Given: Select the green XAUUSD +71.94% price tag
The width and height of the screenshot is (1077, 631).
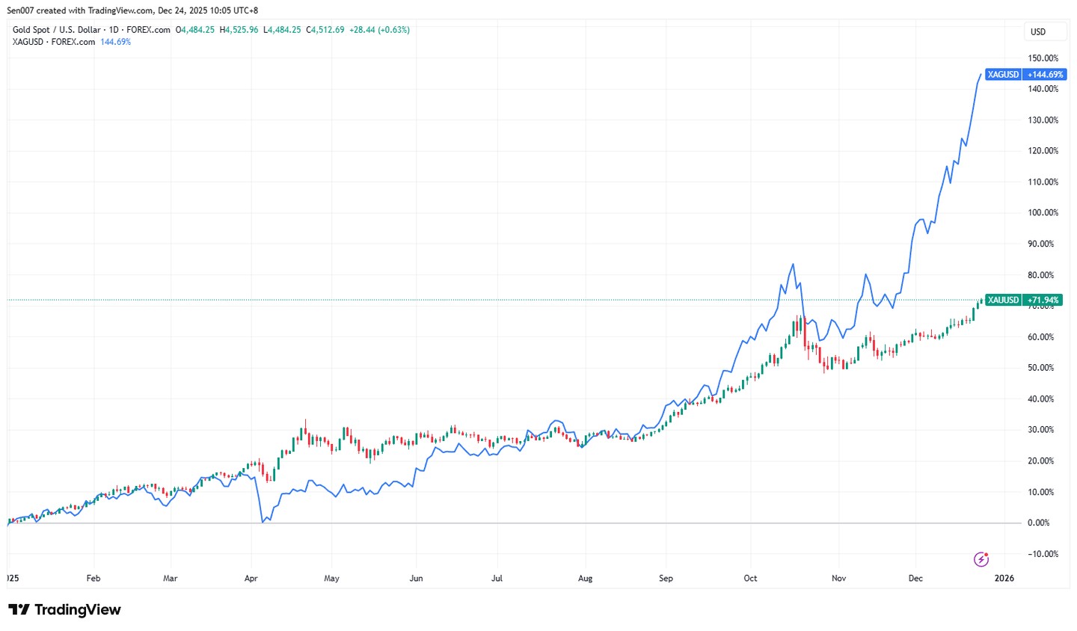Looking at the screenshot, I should click(x=1023, y=300).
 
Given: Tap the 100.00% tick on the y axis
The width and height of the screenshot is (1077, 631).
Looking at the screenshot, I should click(x=1043, y=213).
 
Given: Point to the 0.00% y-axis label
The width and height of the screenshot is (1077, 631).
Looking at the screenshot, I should click(x=1038, y=523).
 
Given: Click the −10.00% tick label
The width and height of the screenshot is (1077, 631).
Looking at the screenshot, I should click(x=1042, y=554).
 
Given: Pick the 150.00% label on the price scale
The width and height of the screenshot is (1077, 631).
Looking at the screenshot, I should click(x=1043, y=58).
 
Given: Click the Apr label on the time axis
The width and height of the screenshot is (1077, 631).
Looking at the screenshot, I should click(x=251, y=578).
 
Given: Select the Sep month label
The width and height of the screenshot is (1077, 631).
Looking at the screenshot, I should click(x=666, y=578).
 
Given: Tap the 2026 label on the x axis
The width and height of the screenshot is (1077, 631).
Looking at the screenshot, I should click(x=1004, y=578).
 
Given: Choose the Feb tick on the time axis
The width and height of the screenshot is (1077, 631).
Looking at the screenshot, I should click(x=93, y=578).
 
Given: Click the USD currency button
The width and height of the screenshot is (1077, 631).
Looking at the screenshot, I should click(x=1038, y=31).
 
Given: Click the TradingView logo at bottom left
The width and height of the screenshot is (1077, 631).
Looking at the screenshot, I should click(x=64, y=610).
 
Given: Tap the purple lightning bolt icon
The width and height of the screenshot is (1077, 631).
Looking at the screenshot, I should click(x=981, y=559).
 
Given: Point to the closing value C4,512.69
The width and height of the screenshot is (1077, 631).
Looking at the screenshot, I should click(x=325, y=30).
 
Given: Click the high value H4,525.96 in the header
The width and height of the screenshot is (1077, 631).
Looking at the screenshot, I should click(x=239, y=30).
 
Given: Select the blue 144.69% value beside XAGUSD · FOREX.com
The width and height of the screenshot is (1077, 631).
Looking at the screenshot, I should click(x=115, y=42).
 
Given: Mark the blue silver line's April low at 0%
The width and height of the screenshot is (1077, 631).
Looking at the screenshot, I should click(x=263, y=522).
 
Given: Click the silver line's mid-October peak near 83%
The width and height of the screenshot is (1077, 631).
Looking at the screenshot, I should click(x=793, y=264).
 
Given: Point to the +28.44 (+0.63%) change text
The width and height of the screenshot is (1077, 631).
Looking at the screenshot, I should click(x=379, y=30).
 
